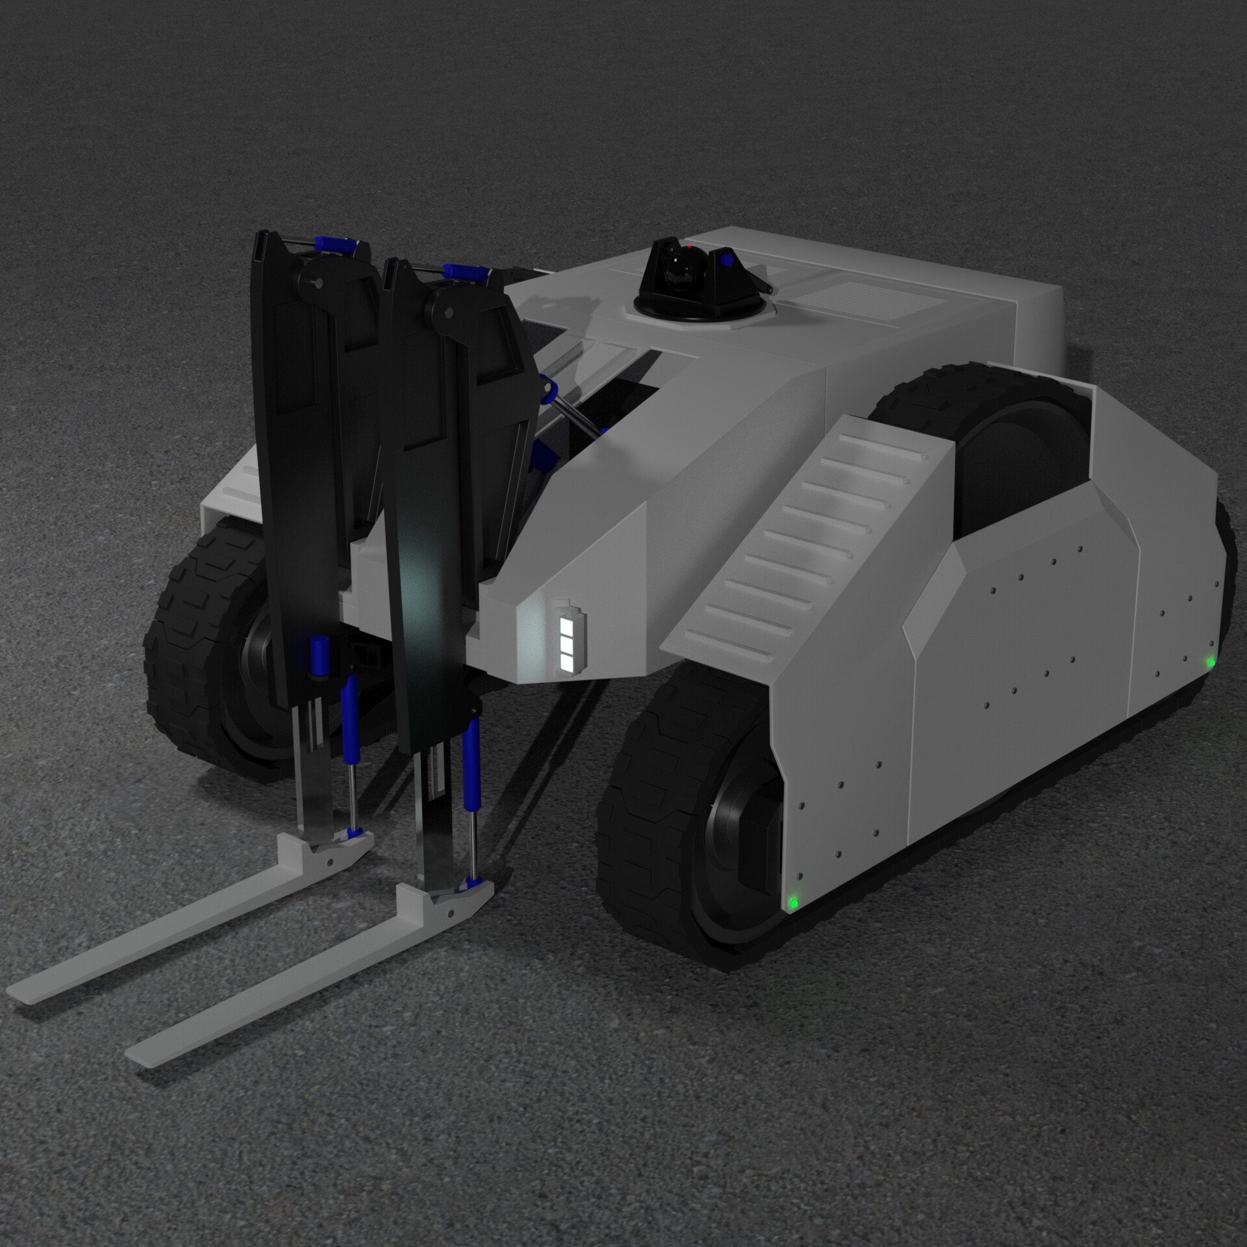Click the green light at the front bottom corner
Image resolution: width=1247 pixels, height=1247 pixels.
click(x=793, y=902)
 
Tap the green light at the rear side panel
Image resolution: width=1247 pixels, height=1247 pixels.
click(x=1211, y=662)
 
